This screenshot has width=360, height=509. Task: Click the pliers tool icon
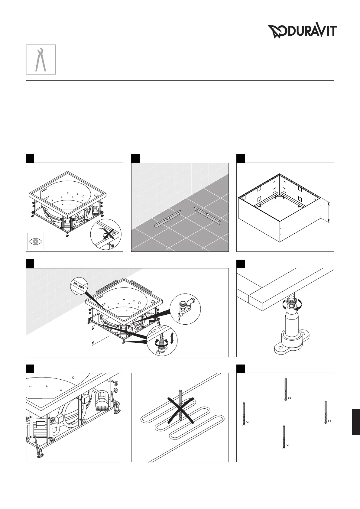pyautogui.click(x=41, y=59)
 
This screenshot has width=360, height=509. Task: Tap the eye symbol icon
pyautogui.click(x=35, y=241)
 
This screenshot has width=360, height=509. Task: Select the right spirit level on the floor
pyautogui.click(x=208, y=216)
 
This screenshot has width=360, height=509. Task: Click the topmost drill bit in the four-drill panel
pyautogui.click(x=285, y=389)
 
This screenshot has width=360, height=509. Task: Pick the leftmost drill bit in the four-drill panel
pyautogui.click(x=244, y=414)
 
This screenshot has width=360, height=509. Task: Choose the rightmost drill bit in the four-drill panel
pyautogui.click(x=326, y=413)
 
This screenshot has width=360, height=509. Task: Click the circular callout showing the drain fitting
pyautogui.click(x=185, y=309)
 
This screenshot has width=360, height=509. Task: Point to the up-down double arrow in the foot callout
pyautogui.click(x=172, y=337)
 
